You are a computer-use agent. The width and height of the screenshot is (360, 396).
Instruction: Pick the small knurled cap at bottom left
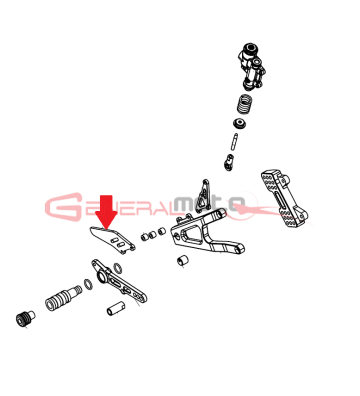(21, 319)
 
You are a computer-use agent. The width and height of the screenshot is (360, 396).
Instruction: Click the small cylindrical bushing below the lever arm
(112, 307)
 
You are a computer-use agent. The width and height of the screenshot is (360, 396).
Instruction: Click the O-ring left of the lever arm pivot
(89, 285)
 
